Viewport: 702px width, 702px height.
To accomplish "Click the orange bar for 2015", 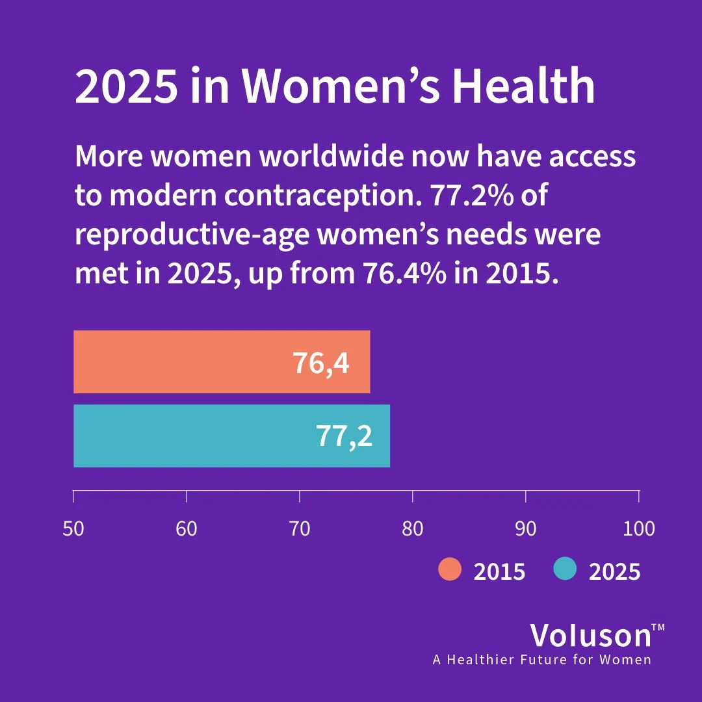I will tap(221, 362).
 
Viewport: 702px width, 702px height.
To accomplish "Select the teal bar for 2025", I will tap(231, 435).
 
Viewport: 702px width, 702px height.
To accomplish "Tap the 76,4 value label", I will tap(321, 363).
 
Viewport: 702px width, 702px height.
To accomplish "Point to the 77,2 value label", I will tap(344, 436).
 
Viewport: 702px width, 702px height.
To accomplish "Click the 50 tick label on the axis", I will tap(73, 528).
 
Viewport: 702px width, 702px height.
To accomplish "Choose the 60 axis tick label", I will tap(187, 528).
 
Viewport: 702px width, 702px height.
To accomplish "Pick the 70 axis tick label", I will tap(300, 528).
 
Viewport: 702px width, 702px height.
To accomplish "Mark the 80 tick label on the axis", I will tap(413, 528).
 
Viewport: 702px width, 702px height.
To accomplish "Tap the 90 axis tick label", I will tap(525, 528).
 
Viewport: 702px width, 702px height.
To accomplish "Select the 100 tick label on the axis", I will tap(638, 528).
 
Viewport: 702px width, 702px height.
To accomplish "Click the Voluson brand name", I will tap(590, 635).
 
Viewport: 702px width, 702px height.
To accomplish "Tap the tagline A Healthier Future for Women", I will tap(542, 660).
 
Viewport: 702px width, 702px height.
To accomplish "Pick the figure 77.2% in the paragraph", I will tap(476, 196).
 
